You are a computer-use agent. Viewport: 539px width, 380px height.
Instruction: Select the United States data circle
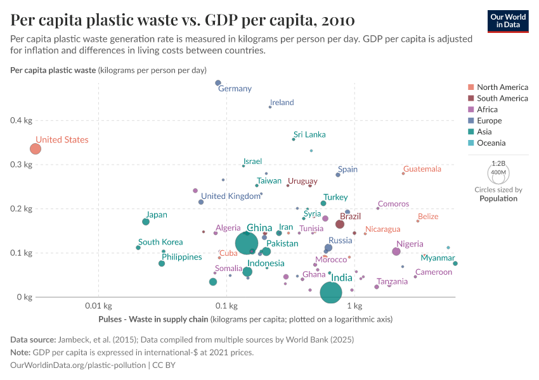pos(36,149)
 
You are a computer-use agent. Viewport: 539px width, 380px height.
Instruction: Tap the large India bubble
pos(337,292)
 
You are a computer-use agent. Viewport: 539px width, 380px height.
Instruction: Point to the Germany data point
pos(218,83)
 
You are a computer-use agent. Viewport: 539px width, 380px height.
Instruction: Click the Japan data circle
pos(146,222)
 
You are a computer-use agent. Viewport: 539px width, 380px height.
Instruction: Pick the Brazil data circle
pos(340,224)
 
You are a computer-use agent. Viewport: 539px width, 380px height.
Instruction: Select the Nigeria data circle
pos(396,251)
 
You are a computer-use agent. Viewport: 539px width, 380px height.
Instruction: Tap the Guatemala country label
pos(422,169)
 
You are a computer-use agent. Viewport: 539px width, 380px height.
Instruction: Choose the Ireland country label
pos(282,102)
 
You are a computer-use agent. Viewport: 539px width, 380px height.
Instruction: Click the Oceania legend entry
pos(491,143)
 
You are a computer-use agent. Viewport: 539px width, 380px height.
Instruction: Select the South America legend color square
pos(471,98)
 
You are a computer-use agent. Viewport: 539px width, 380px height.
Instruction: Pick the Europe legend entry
pos(489,120)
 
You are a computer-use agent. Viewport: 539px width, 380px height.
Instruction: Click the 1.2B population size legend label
pos(498,163)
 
